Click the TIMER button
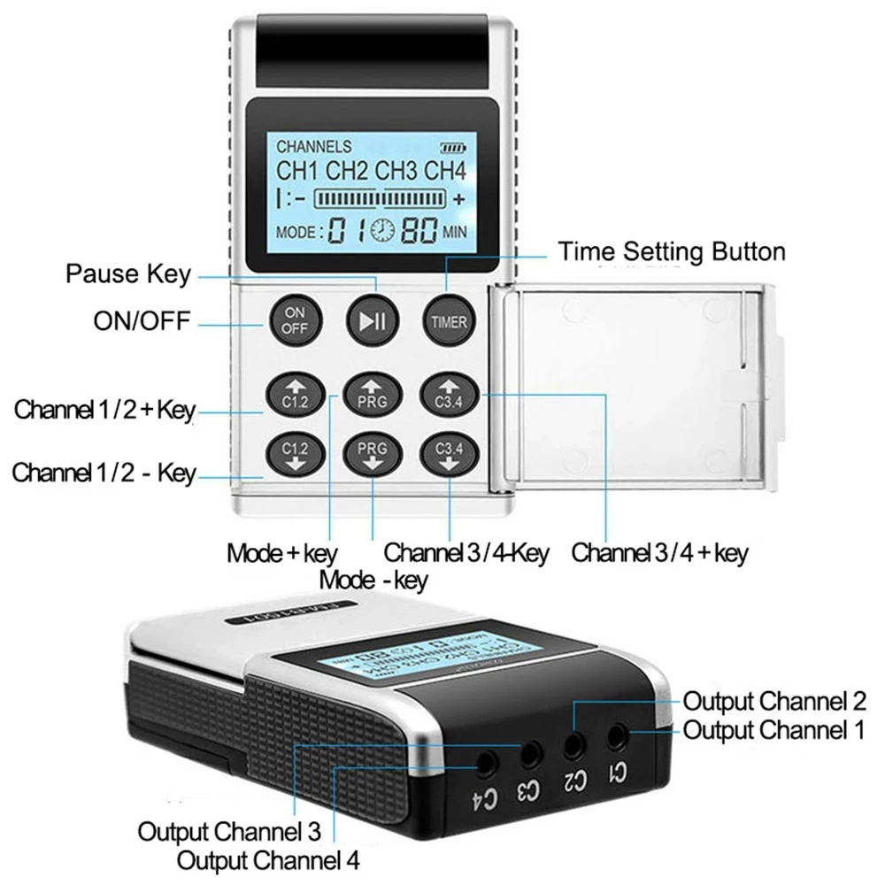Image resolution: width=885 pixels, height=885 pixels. pos(449,320)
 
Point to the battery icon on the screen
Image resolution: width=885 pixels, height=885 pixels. pos(451,147)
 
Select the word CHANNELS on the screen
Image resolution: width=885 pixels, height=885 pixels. pos(313,147)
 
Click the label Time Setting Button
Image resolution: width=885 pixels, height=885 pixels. pos(672,251)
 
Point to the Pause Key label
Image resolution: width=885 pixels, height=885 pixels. pos(127,273)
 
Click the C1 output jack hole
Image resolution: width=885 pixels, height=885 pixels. pos(616,734)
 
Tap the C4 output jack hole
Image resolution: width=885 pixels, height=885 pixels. pos(486,761)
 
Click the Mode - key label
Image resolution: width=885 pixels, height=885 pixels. pos(373,581)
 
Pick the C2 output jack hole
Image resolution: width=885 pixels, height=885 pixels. pos(574,742)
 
